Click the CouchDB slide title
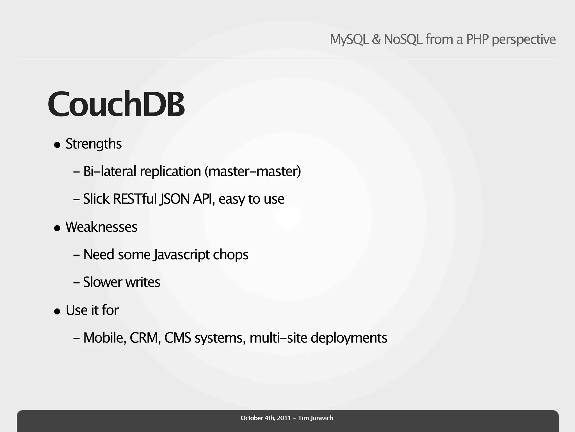tap(116, 104)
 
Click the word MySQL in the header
tap(349, 39)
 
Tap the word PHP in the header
tap(478, 39)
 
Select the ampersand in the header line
tap(376, 39)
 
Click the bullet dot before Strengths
tap(57, 145)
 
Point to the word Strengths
tap(93, 144)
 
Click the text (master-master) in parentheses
tap(252, 171)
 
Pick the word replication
tap(170, 171)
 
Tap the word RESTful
tap(135, 199)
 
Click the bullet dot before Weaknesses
tap(57, 228)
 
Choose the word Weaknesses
tap(101, 227)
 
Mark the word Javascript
tap(181, 255)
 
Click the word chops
tap(231, 255)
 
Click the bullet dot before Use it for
tap(57, 311)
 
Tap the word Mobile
tap(104, 338)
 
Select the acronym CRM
tap(145, 338)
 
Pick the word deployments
tap(349, 338)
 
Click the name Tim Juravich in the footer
tap(316, 418)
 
